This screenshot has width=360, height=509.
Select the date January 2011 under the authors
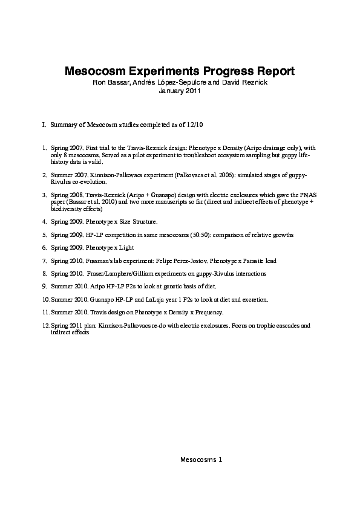pyautogui.click(x=179, y=91)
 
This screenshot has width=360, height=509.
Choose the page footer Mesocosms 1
pyautogui.click(x=201, y=459)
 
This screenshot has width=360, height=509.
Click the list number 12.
pyautogui.click(x=46, y=325)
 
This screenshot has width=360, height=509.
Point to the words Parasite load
pyautogui.click(x=238, y=261)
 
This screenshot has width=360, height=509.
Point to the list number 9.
pyautogui.click(x=44, y=286)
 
